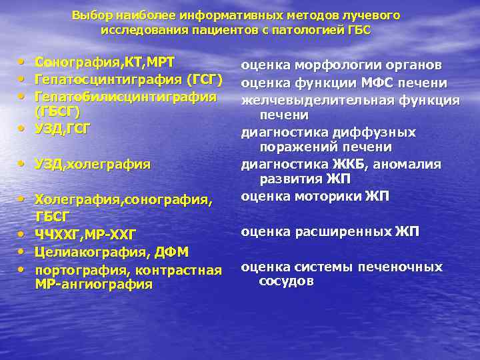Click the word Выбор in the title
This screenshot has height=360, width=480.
tap(88, 15)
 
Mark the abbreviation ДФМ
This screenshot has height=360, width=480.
tap(173, 251)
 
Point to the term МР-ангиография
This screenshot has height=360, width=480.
tap(93, 285)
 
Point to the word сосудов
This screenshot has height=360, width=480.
tap(286, 281)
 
